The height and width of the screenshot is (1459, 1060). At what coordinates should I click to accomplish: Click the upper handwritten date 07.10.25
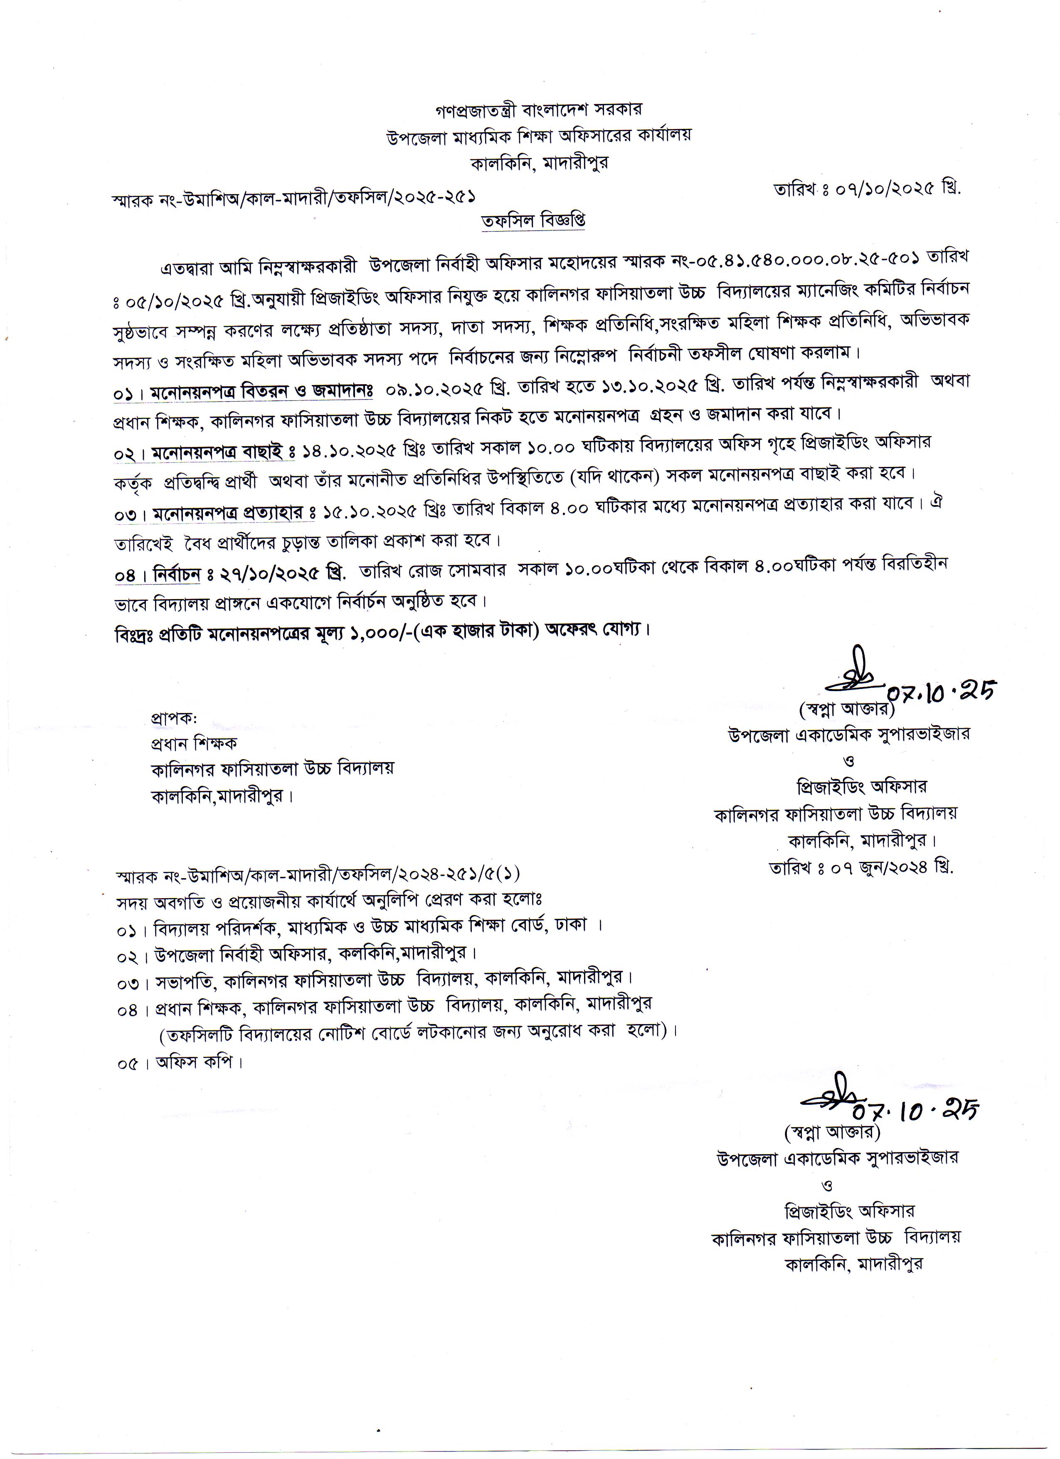pos(940,691)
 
